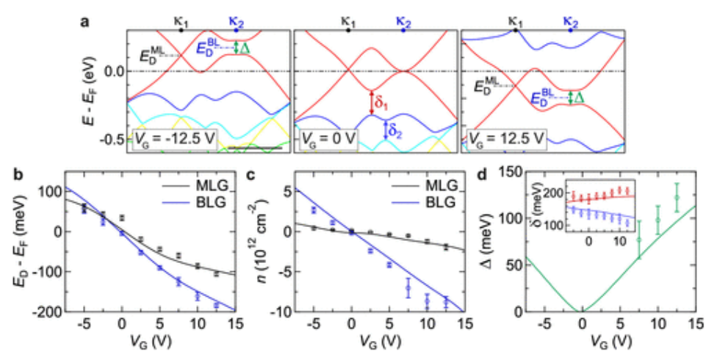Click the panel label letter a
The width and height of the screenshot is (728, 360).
coord(85,21)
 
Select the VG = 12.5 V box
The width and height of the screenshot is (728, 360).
coord(504,137)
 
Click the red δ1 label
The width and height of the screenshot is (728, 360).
coord(382,101)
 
